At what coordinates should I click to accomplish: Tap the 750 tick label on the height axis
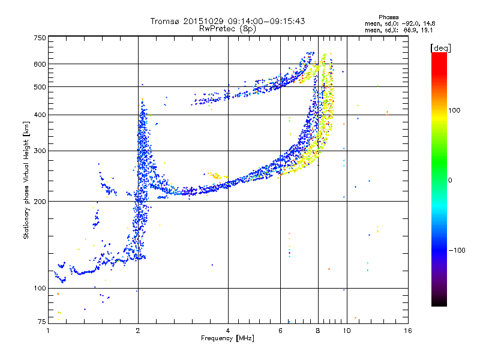click(40, 38)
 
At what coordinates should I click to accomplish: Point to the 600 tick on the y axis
click(40, 64)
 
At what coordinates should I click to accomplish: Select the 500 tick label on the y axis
click(40, 86)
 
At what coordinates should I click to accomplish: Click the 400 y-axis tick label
click(40, 115)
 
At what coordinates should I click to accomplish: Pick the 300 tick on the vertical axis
click(40, 151)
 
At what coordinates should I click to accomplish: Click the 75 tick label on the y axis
click(41, 323)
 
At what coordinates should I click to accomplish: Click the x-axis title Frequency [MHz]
click(227, 338)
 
